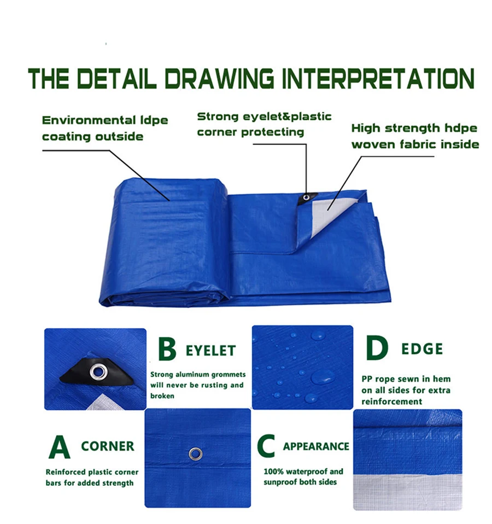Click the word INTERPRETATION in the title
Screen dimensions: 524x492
point(377,79)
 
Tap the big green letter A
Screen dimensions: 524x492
point(59,446)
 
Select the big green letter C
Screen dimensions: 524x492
point(266,446)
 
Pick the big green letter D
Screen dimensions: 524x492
point(377,348)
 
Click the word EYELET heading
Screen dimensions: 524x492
point(210,350)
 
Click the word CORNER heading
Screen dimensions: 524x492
point(108,446)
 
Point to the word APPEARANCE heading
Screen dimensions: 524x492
point(316,446)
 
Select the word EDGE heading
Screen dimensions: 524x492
point(422,349)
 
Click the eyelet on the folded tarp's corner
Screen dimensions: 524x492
point(308,197)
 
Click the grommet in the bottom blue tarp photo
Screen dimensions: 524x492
point(196,453)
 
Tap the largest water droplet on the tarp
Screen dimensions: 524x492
point(322,376)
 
